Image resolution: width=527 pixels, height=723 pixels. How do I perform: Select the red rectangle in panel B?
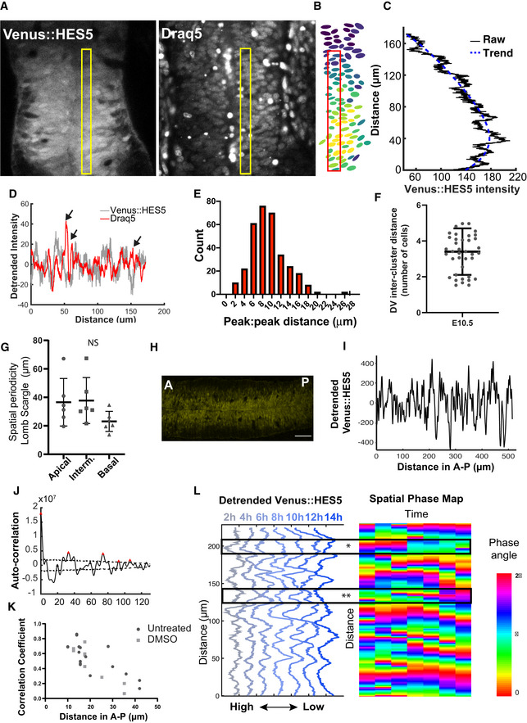point(333,111)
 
